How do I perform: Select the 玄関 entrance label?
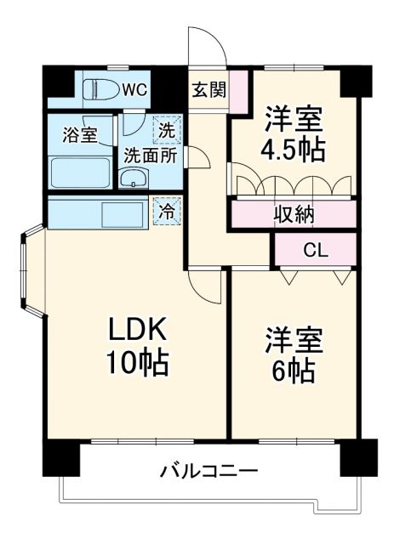208,88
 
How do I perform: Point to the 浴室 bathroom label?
80,135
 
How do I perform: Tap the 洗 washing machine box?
166,132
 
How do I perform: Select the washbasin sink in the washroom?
133,178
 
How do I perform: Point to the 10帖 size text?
136,364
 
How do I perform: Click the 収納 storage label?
293,214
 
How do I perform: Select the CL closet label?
313,250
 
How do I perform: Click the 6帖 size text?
292,371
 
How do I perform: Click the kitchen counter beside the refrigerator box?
99,212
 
